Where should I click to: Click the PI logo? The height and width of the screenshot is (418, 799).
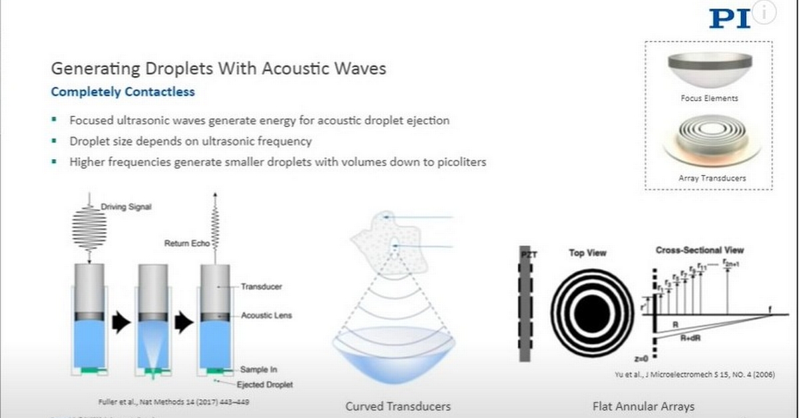[x=729, y=18]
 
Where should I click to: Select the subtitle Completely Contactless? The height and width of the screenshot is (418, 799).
[x=123, y=93]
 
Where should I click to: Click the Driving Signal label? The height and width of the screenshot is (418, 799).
[x=126, y=207]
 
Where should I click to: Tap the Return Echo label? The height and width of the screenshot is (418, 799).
[x=186, y=244]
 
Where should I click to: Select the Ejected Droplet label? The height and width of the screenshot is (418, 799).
[x=266, y=385]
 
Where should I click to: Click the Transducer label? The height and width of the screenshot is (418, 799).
[x=262, y=287]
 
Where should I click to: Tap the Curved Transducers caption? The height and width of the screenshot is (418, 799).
[x=398, y=406]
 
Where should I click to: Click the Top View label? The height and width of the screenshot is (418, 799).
[x=588, y=253]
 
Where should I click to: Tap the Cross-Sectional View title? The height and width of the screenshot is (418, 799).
[x=700, y=250]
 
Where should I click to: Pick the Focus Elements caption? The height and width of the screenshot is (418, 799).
[x=709, y=98]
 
